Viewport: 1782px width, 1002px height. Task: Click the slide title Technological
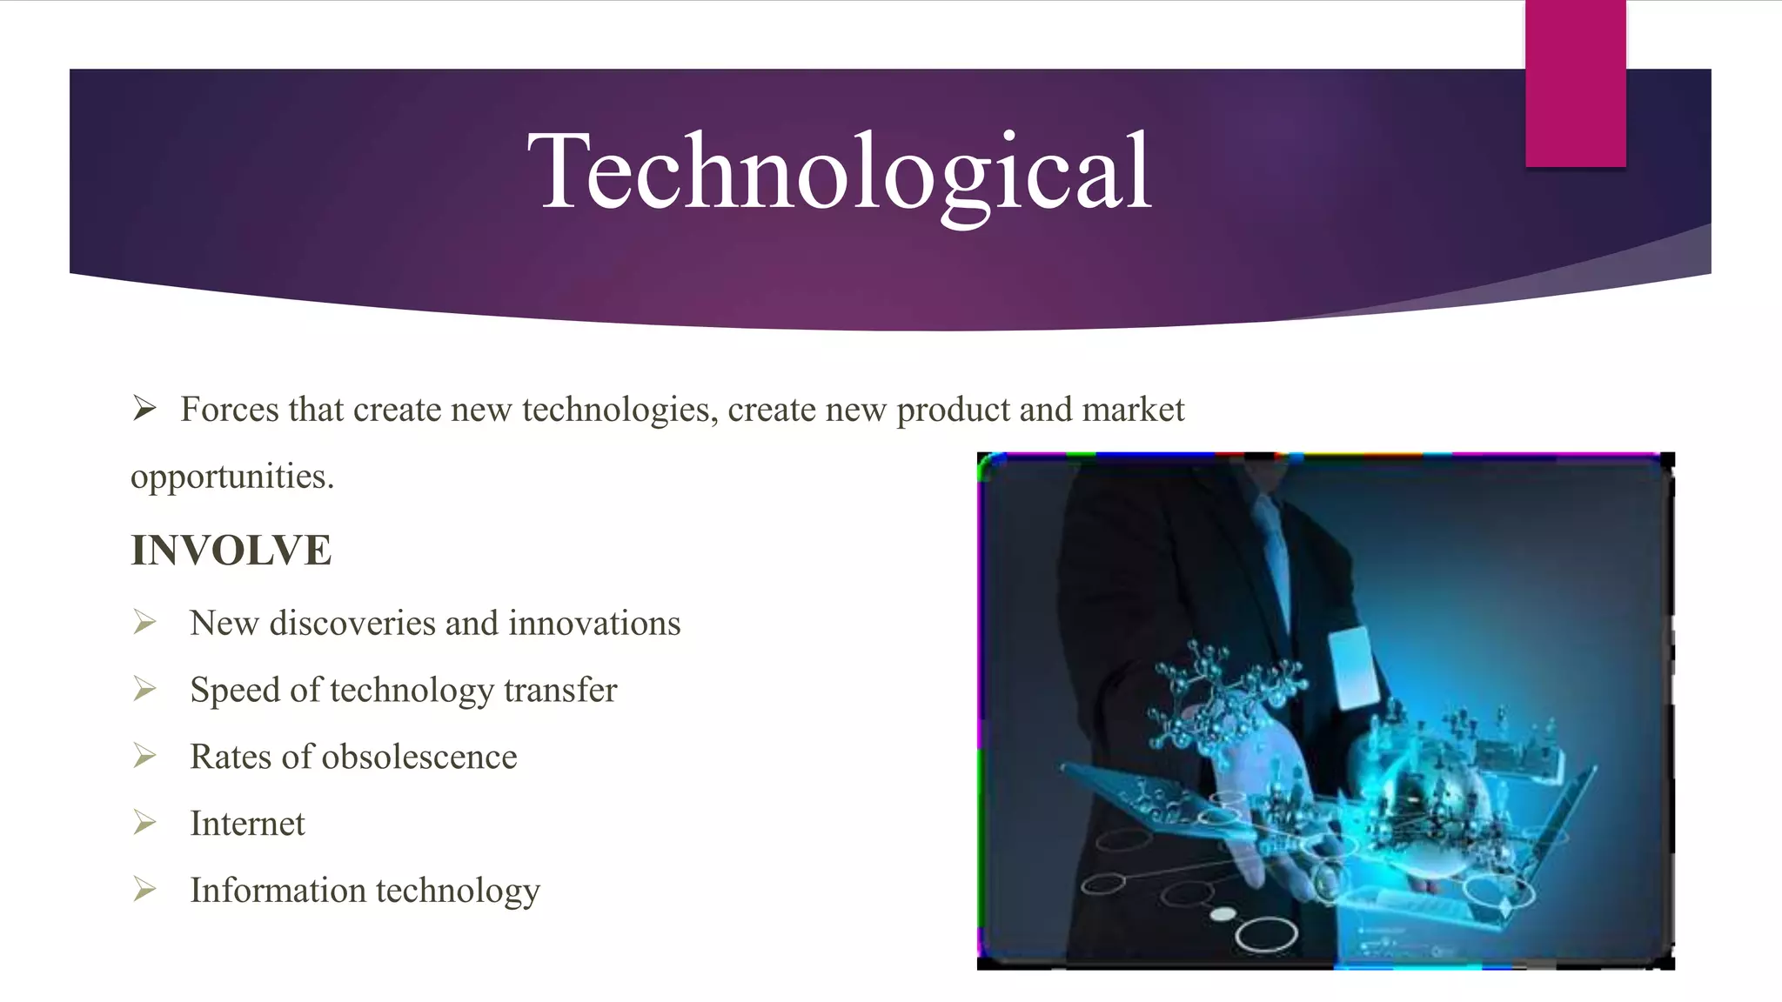[840, 171]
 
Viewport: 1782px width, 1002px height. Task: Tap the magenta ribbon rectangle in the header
[1575, 83]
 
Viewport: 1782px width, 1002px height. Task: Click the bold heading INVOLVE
[231, 551]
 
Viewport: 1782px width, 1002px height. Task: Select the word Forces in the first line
[230, 410]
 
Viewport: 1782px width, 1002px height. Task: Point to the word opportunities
[231, 478]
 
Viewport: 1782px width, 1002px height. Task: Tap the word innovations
[594, 624]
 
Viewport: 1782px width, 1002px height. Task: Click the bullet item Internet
[247, 824]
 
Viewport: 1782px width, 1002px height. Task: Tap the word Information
[278, 891]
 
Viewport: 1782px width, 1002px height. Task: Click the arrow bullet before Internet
[144, 822]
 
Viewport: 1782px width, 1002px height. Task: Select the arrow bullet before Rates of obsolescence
[144, 756]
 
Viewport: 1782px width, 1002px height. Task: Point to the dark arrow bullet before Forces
[144, 408]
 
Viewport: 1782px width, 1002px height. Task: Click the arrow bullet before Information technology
[144, 889]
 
